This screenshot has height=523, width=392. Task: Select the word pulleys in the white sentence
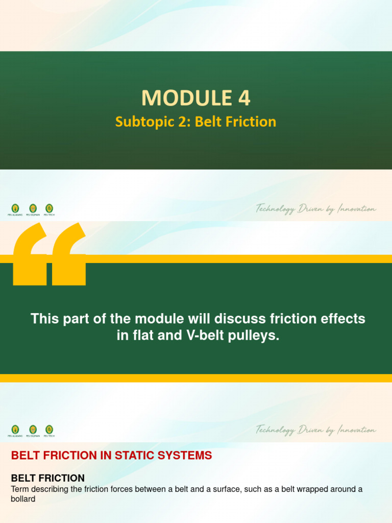254,337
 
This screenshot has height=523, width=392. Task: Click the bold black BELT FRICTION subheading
48,478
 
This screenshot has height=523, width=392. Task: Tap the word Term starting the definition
20,489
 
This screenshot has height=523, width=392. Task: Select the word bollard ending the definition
23,498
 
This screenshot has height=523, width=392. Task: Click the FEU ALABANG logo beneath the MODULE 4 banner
15,209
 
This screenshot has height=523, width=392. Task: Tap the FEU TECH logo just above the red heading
49,431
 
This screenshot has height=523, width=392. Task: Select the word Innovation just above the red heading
356,430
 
